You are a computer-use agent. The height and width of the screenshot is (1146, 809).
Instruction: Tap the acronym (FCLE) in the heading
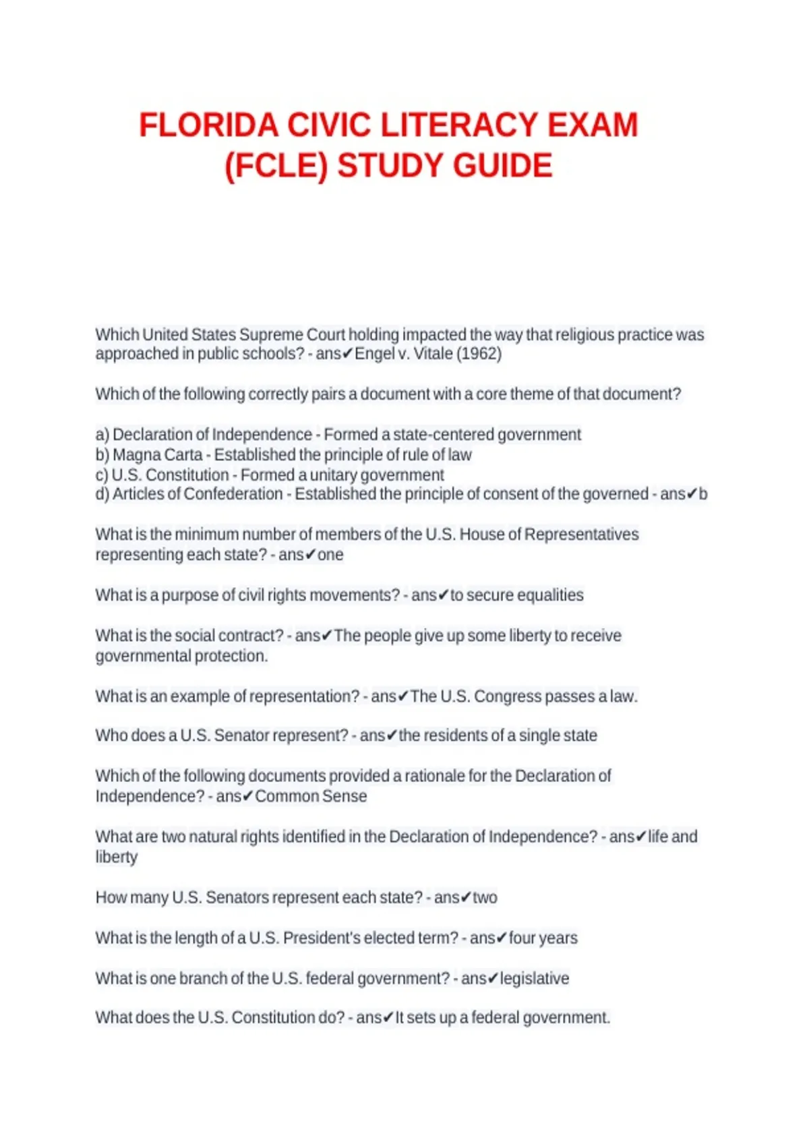click(276, 167)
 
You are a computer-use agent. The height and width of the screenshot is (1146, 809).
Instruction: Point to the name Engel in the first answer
click(374, 353)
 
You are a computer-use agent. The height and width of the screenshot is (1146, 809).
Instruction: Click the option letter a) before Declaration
click(102, 435)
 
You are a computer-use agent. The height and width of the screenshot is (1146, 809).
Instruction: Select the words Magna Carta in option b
click(157, 455)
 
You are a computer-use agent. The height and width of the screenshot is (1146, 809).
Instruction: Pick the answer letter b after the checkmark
click(703, 494)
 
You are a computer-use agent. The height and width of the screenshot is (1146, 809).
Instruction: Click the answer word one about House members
click(330, 555)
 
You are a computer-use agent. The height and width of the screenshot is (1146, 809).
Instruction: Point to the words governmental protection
click(181, 656)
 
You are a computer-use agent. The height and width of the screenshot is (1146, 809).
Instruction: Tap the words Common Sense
click(311, 796)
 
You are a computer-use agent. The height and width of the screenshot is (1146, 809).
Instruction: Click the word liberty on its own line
click(117, 857)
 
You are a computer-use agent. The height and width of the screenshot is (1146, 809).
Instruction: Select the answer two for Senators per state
click(485, 898)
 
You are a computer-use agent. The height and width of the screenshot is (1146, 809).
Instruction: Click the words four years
click(543, 938)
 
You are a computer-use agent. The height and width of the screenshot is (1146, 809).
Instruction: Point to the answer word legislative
click(535, 979)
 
